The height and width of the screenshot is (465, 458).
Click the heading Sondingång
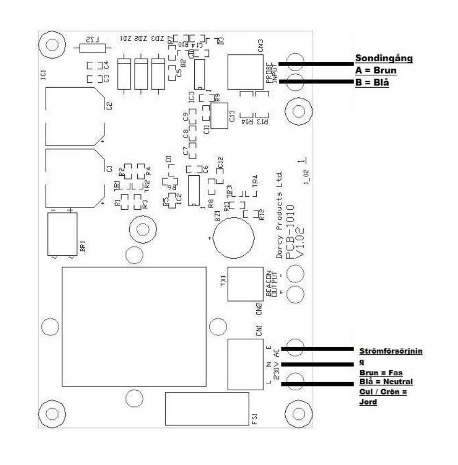(383, 58)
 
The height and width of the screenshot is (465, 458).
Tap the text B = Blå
(371, 83)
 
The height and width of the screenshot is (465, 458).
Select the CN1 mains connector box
(245, 364)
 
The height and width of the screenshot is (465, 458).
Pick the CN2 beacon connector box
(244, 283)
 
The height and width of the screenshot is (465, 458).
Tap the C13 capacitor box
(222, 115)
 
